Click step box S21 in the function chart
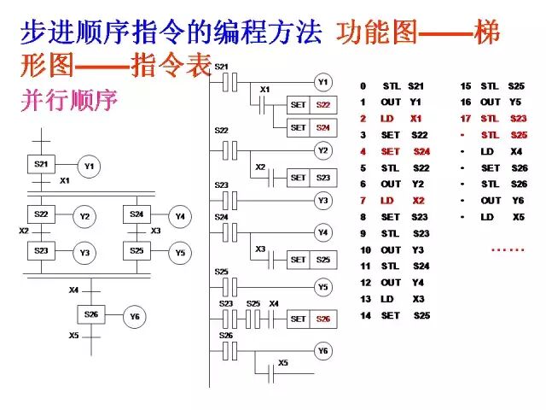tap(41, 164)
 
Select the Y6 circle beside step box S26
tap(135, 316)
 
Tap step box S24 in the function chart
tap(136, 215)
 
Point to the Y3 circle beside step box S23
tap(84, 254)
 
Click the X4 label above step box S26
tap(74, 290)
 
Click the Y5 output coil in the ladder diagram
tap(323, 288)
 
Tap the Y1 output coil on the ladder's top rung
tap(323, 83)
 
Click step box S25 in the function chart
tap(136, 252)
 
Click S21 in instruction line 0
tap(415, 86)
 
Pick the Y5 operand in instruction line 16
tap(515, 102)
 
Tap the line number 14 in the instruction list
tap(365, 315)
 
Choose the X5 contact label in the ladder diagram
tap(282, 362)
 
